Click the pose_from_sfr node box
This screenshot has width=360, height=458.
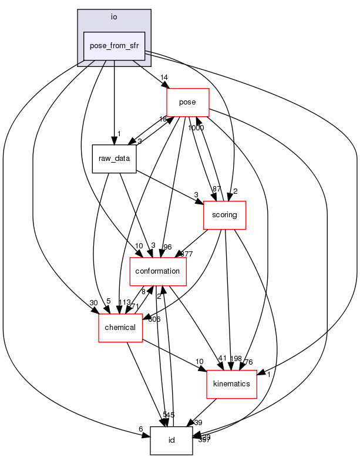tap(114, 46)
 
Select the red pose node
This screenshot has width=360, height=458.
tap(188, 102)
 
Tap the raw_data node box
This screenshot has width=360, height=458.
tap(114, 159)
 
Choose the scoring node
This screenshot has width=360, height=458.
tap(224, 215)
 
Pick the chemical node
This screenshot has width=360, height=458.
tap(120, 327)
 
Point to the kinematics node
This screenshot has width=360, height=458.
tap(231, 383)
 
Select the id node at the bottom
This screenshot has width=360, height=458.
tap(171, 440)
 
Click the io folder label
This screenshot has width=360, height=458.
tap(114, 16)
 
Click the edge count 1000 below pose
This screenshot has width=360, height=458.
tap(196, 127)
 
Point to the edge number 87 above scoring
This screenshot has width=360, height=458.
tap(217, 188)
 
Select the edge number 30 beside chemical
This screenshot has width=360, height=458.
tap(93, 303)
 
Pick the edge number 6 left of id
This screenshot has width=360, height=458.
tap(141, 429)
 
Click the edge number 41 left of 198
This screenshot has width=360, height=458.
tap(222, 359)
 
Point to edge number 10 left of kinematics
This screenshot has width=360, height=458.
tap(200, 361)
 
